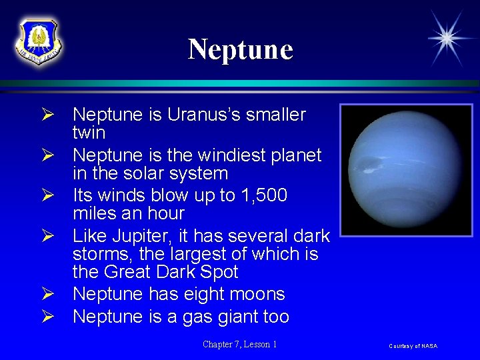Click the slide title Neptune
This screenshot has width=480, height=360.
tap(240, 49)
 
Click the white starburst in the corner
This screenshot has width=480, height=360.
tap(445, 37)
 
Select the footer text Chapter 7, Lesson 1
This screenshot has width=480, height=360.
tap(240, 344)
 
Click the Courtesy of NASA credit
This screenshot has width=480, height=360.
tap(413, 345)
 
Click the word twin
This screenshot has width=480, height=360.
tap(89, 133)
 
